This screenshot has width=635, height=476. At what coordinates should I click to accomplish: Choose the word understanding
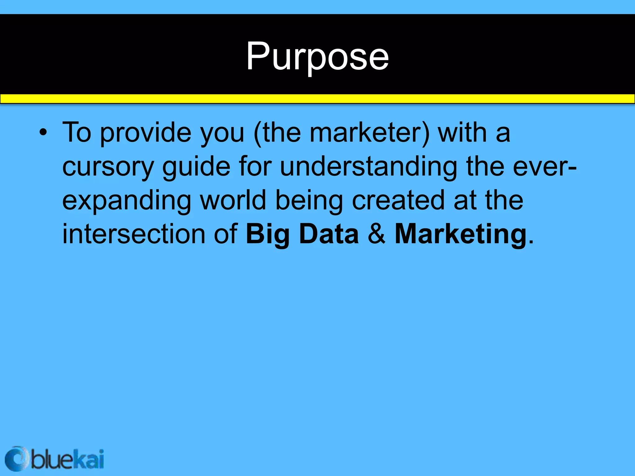[x=368, y=167]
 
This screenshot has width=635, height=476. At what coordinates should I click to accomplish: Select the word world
[x=233, y=200]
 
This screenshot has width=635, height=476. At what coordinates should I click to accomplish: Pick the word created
[x=398, y=200]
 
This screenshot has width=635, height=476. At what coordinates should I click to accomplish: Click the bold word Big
[x=267, y=235]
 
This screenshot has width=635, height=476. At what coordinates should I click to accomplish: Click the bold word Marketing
[x=460, y=235]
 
